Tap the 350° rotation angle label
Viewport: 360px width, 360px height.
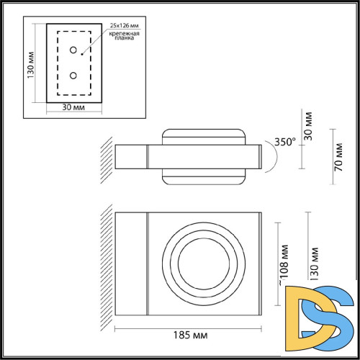[284, 143]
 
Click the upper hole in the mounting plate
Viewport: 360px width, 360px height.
[73, 50]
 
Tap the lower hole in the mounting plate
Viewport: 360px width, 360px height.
[73, 75]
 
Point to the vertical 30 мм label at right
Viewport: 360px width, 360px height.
[309, 125]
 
